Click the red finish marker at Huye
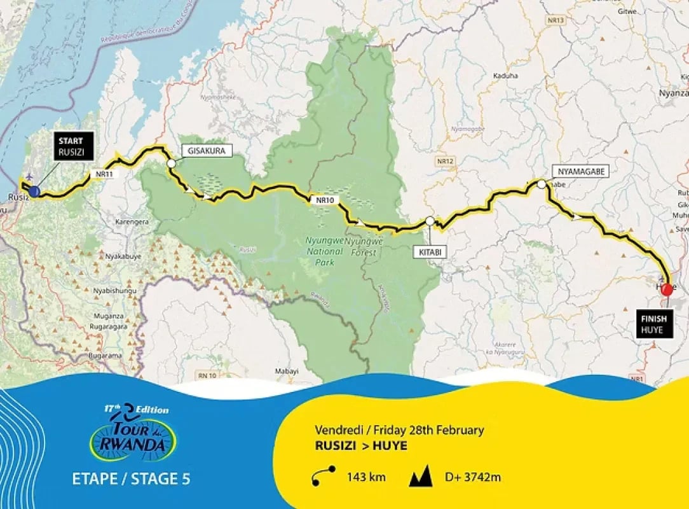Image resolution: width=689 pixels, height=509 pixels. tap(667, 290)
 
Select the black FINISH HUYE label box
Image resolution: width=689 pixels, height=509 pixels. tap(651, 324)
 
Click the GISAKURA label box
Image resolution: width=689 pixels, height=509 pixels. tap(207, 151)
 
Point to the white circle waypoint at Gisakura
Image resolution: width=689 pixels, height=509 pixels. tap(171, 164)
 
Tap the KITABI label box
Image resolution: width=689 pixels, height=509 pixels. tap(430, 252)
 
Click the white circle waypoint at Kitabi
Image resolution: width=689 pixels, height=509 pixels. tap(430, 221)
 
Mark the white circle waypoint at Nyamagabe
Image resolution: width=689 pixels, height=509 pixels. tap(541, 184)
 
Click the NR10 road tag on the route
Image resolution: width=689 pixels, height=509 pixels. tap(324, 200)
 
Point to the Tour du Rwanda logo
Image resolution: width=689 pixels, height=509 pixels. tap(133, 434)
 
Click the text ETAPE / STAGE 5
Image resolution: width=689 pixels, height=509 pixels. tap(131, 478)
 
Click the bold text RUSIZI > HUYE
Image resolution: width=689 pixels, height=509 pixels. tap(361, 446)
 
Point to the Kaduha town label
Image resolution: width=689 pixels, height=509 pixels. tap(505, 76)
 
